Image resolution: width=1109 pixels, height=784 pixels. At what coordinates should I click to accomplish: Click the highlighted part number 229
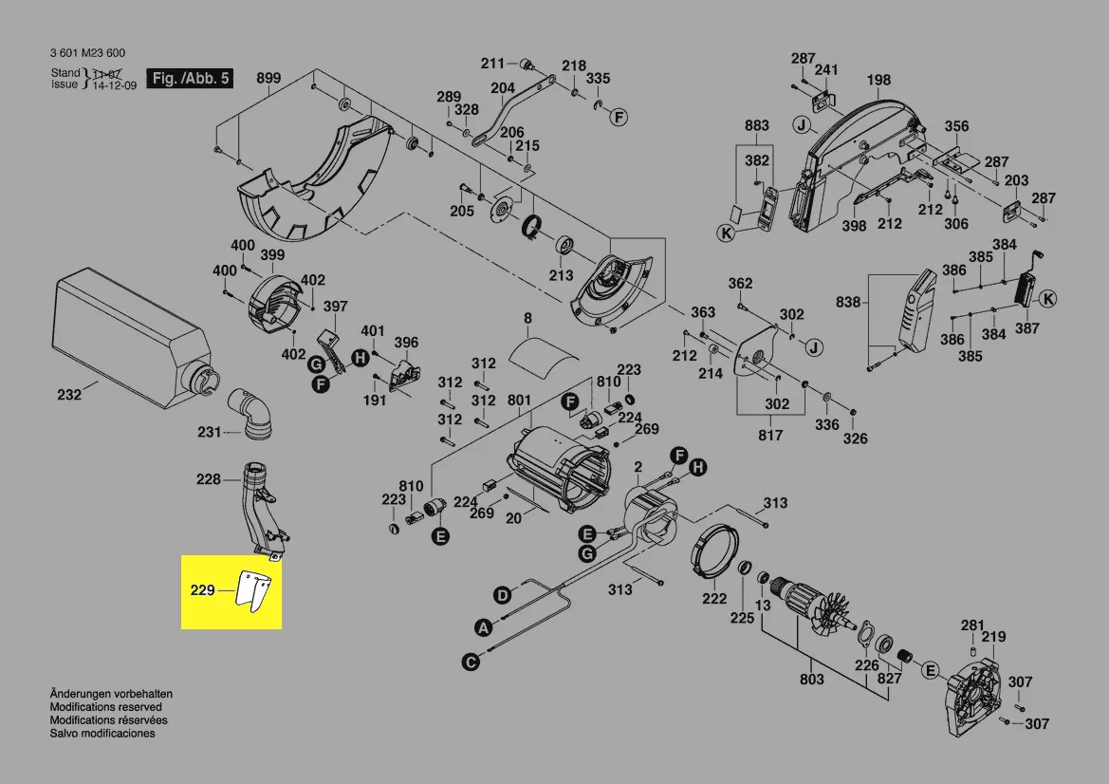pyautogui.click(x=202, y=590)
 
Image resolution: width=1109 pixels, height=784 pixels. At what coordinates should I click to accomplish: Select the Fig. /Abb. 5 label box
pyautogui.click(x=189, y=79)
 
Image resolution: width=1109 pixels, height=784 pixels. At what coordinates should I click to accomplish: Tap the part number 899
pyautogui.click(x=268, y=79)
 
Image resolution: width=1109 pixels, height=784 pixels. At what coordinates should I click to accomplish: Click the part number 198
pyautogui.click(x=878, y=81)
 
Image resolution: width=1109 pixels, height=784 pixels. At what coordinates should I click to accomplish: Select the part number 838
pyautogui.click(x=848, y=303)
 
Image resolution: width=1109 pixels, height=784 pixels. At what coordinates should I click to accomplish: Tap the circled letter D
pyautogui.click(x=501, y=595)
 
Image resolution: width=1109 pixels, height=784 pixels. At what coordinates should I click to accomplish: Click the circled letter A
pyautogui.click(x=483, y=627)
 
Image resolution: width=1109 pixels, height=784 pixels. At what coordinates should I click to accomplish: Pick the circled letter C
pyautogui.click(x=470, y=663)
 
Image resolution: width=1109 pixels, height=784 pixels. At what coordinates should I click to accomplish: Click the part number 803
pyautogui.click(x=812, y=679)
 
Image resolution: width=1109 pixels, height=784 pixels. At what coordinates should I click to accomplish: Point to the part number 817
pyautogui.click(x=770, y=435)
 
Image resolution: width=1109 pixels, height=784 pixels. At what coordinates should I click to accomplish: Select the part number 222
pyautogui.click(x=714, y=598)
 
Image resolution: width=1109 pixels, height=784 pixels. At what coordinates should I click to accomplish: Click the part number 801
pyautogui.click(x=519, y=401)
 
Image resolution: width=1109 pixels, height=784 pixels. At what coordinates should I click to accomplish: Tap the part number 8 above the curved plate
pyautogui.click(x=527, y=319)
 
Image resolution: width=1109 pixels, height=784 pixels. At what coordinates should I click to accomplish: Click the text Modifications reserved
pyautogui.click(x=105, y=707)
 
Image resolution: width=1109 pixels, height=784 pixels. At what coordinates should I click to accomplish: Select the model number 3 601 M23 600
pyautogui.click(x=86, y=53)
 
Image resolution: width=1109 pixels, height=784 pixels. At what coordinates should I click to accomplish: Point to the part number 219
pyautogui.click(x=993, y=637)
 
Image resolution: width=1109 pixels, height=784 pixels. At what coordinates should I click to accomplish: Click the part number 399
pyautogui.click(x=272, y=254)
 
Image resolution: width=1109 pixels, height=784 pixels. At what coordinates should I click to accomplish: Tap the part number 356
pyautogui.click(x=956, y=126)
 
